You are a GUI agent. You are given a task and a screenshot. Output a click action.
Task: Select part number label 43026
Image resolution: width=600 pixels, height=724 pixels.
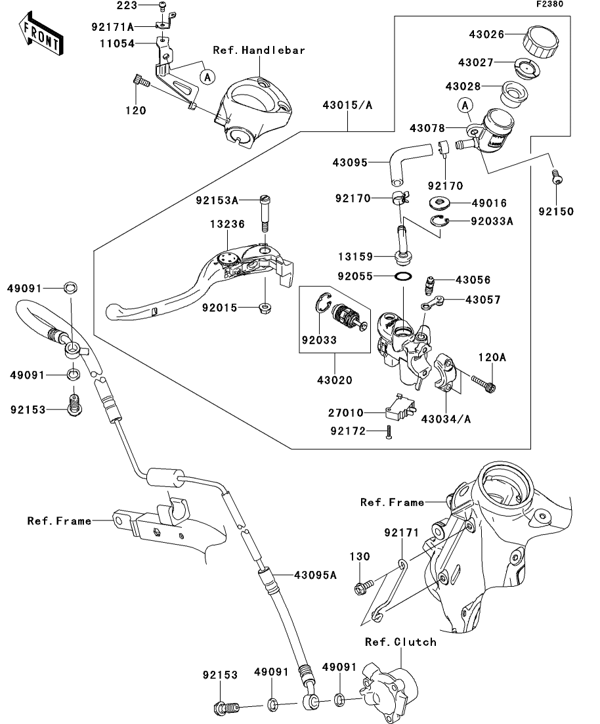coord(486,35)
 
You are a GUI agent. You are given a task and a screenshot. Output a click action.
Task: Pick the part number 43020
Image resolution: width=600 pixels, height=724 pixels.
coord(334,380)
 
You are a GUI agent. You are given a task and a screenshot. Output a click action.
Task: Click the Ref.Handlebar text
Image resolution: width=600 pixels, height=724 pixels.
coord(259,50)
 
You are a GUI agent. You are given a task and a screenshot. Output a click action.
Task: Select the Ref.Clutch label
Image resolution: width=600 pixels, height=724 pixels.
coord(400,642)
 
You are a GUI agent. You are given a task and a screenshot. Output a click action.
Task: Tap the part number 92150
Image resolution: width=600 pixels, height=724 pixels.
coord(557,211)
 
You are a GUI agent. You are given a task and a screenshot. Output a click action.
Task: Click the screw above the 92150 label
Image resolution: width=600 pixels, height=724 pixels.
coord(556,177)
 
